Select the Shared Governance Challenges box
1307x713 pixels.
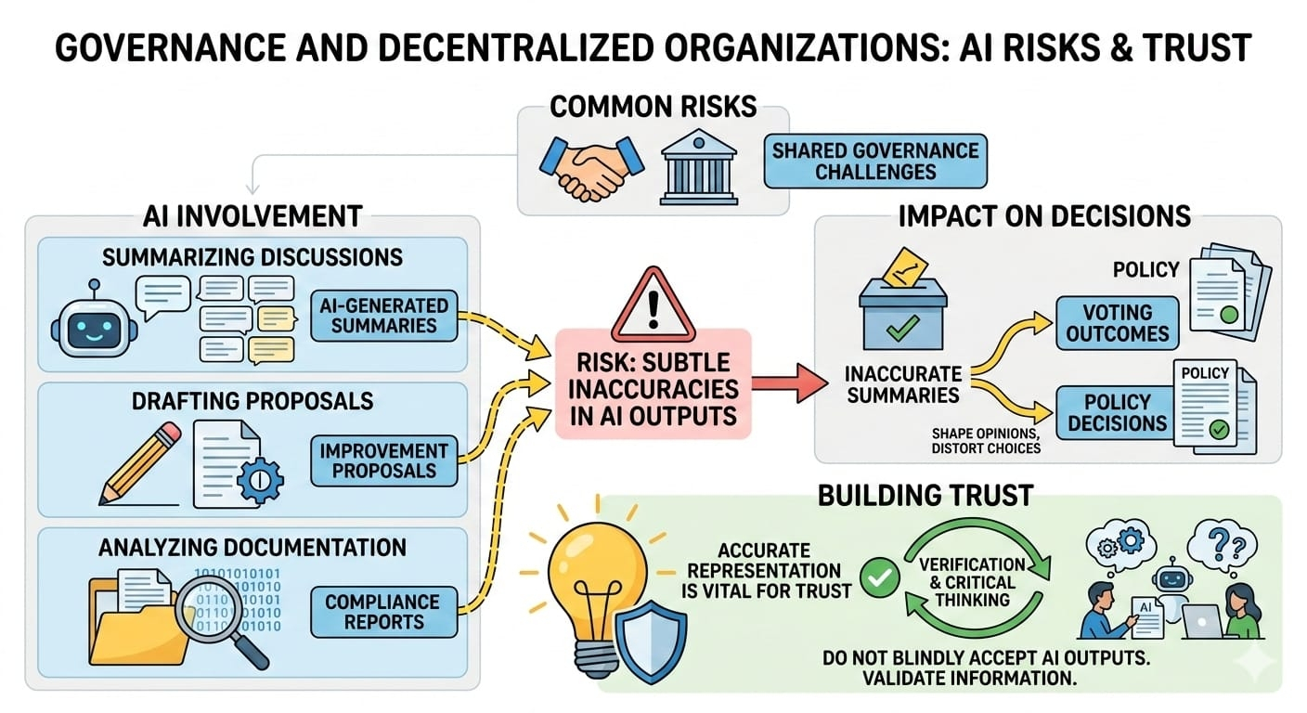point(876,162)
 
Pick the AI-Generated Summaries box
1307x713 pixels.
point(383,314)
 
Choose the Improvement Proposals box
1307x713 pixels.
point(383,460)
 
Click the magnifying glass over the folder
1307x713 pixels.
point(217,609)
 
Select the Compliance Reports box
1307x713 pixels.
point(383,612)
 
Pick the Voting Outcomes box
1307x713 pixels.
point(1117,323)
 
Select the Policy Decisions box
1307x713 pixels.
point(1117,412)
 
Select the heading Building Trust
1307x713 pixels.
point(925,494)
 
